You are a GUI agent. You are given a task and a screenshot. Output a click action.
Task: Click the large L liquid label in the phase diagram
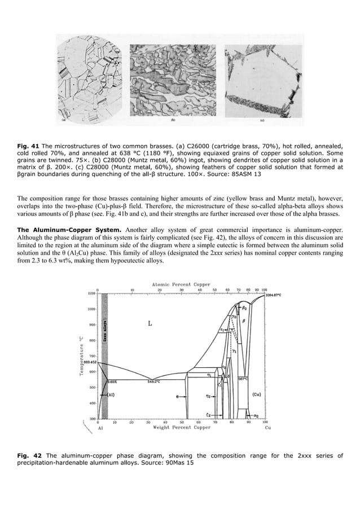(150, 323)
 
